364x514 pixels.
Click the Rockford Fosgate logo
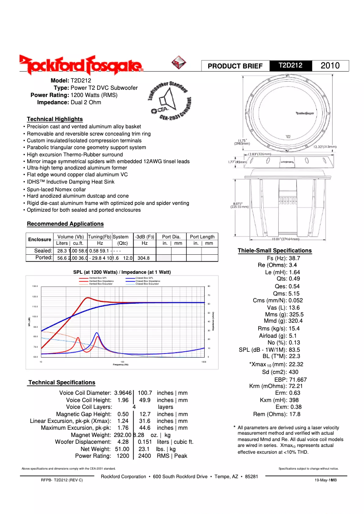click(x=81, y=65)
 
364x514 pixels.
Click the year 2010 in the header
click(x=330, y=66)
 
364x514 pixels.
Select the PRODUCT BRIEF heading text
click(x=235, y=66)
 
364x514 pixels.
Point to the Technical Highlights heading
click(x=55, y=119)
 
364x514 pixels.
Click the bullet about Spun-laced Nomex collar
click(x=56, y=189)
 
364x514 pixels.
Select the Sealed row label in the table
click(x=44, y=251)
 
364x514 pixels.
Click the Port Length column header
click(x=202, y=237)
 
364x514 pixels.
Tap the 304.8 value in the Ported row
click(x=144, y=258)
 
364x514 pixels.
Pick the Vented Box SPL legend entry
click(x=98, y=278)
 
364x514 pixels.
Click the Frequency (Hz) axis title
click(x=120, y=364)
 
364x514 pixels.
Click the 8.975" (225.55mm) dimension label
click(x=238, y=205)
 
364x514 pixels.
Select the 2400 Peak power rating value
click(x=144, y=456)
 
